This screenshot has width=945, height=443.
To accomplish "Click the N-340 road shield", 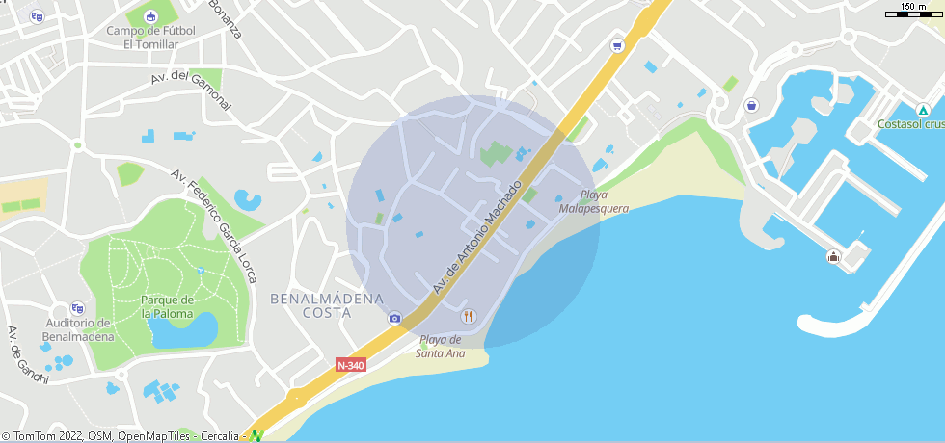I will (x=351, y=365).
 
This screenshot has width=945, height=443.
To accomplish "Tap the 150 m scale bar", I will (x=914, y=12).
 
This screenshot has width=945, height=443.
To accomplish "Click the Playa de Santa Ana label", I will (x=440, y=347).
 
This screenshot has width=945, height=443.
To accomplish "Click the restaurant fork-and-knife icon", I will (x=469, y=315).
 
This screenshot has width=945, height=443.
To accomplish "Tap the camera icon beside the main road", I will (x=394, y=318).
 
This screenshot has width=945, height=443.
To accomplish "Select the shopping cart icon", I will (x=617, y=45).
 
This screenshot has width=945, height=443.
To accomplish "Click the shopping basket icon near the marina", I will (x=751, y=105).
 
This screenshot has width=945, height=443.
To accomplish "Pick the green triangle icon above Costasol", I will (x=923, y=108).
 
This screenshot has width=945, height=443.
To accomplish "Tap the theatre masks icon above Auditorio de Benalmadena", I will (x=77, y=308).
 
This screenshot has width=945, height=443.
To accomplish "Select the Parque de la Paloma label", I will (x=167, y=306).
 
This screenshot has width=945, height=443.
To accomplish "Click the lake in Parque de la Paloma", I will (x=182, y=331).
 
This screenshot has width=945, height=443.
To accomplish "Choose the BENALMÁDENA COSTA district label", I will (x=327, y=305).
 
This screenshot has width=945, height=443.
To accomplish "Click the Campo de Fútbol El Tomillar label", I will (x=150, y=38).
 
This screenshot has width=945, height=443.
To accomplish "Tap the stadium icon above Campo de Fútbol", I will (x=149, y=15).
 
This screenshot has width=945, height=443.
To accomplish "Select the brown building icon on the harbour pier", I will (x=833, y=256).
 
